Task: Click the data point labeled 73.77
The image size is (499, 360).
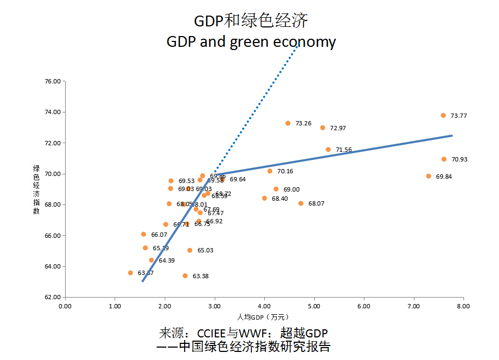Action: click(443, 115)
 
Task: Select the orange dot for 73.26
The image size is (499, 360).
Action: click(287, 123)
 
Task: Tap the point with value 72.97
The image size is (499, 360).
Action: click(322, 128)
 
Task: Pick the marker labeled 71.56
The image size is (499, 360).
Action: click(328, 150)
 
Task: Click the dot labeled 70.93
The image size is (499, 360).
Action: click(444, 159)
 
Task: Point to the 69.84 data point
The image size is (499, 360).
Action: click(428, 176)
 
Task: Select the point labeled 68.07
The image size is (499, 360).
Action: click(300, 203)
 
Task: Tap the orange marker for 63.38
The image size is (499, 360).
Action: click(185, 276)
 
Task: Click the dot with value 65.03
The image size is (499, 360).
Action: click(189, 250)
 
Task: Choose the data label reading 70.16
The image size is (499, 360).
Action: click(285, 172)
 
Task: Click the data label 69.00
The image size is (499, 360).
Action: click(291, 189)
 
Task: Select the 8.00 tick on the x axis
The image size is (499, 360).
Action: click(463, 306)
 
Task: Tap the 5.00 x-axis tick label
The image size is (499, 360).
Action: click(313, 306)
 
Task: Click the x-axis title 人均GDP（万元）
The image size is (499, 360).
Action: click(264, 316)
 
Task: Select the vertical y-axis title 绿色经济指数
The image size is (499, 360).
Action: click(37, 189)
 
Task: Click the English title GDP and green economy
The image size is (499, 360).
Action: click(251, 42)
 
